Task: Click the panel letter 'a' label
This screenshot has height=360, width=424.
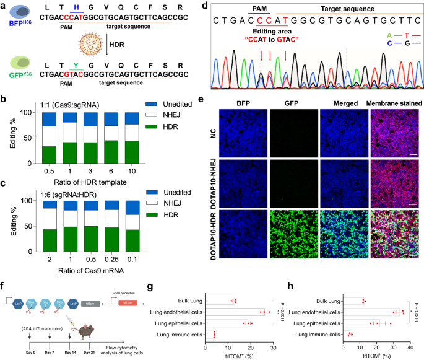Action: pos(5,5)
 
